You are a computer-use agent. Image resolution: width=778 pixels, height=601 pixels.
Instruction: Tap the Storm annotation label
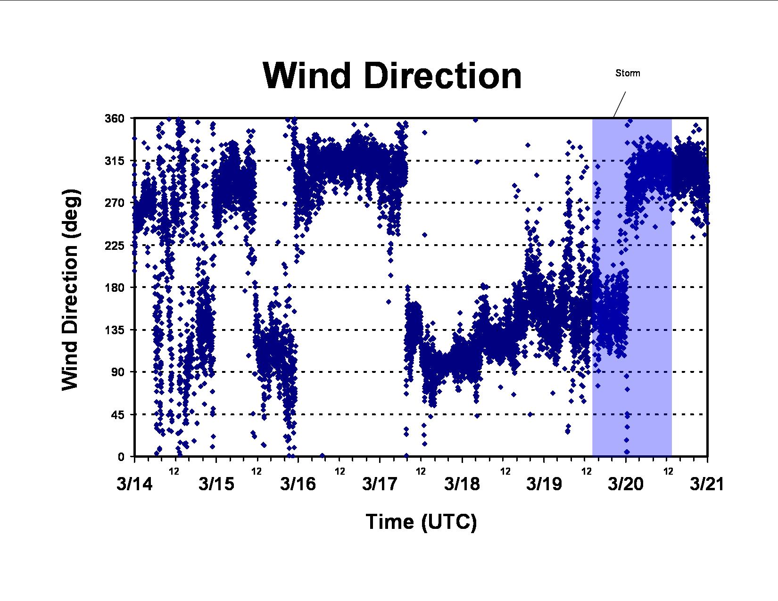pos(628,73)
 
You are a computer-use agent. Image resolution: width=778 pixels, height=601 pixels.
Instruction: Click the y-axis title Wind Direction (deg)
pos(70,289)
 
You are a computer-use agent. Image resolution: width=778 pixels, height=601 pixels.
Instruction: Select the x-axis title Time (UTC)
pos(421,522)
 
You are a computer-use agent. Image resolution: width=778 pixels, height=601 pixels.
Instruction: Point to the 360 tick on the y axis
pos(114,118)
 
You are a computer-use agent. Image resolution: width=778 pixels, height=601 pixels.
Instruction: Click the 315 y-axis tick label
pos(114,161)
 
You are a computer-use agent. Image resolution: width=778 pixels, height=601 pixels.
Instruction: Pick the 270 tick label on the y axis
pos(114,203)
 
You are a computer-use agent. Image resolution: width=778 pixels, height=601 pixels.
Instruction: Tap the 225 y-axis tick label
pos(114,246)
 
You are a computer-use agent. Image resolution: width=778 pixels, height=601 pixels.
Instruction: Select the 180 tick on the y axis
pos(114,288)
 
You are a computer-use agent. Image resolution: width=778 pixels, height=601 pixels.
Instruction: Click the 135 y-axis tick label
pos(114,329)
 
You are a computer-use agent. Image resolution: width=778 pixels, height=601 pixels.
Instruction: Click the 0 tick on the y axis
pos(121,457)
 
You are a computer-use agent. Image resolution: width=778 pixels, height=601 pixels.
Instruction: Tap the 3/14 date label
pos(135,484)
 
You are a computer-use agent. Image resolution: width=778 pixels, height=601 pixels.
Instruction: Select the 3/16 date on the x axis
pos(298,484)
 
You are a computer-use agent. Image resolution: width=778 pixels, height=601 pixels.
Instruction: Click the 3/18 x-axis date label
pos(462,484)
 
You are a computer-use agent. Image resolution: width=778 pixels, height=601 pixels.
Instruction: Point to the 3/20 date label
pos(626,484)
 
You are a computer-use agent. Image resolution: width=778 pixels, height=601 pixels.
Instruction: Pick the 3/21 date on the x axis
pos(707,484)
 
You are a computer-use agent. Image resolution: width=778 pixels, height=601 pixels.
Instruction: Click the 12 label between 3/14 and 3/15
pos(174,471)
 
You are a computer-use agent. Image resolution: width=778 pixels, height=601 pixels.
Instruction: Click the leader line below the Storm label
pos(620,105)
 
